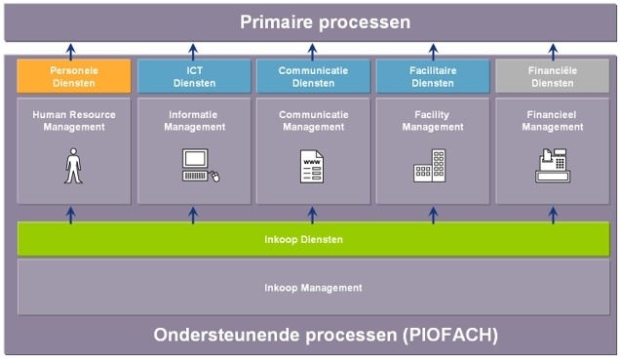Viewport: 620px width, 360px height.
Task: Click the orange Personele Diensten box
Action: [74, 76]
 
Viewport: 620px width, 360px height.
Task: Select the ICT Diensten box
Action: [194, 76]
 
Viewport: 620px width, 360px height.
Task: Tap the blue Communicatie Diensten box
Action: [313, 76]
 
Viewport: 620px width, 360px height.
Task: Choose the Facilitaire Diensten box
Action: [433, 76]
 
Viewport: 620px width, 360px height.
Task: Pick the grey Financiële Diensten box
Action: [553, 76]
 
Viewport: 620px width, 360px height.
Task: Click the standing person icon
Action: [73, 166]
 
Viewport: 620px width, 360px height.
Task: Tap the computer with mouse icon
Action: [201, 165]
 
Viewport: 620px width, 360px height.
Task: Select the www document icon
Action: [312, 167]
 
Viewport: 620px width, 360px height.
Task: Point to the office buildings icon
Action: [430, 166]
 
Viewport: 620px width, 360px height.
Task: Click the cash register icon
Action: [553, 165]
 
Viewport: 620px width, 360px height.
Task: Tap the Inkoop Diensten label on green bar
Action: [304, 239]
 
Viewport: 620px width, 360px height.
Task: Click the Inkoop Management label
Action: [313, 288]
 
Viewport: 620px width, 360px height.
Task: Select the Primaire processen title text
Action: [325, 22]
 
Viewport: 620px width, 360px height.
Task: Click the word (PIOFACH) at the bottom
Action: [450, 335]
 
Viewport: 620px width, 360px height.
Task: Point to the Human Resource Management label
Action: [74, 121]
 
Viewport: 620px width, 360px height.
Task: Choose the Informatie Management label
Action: [194, 121]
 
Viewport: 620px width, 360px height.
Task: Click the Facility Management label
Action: [433, 121]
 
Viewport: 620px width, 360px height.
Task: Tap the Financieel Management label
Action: [553, 121]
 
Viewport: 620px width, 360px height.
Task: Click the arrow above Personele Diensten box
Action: [71, 52]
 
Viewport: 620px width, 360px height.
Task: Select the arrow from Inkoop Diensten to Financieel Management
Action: [553, 216]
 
